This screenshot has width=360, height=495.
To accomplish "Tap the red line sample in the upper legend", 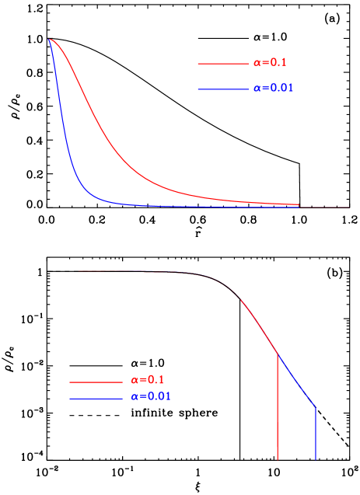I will [222, 64].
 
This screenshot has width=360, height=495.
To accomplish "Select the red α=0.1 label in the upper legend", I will [270, 63].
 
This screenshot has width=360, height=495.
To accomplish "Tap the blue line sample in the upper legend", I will [222, 89].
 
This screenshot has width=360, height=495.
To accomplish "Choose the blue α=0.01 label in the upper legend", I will [273, 89].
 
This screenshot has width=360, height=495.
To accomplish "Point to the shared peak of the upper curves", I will [50, 39].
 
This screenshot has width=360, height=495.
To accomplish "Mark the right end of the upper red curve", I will [299, 204].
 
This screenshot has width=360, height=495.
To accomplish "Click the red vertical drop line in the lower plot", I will [278, 412].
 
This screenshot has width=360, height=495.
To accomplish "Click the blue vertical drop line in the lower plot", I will [316, 435].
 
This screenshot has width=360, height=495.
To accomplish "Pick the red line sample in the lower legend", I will [96, 382].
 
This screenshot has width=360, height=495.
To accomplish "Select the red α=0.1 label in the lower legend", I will [147, 381].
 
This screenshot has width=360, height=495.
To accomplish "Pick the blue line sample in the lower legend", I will [96, 399].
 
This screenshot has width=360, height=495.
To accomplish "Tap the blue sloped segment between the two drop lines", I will [297, 382].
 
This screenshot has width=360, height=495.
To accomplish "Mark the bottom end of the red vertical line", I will [278, 459].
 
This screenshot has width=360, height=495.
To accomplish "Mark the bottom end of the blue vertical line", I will [316, 459].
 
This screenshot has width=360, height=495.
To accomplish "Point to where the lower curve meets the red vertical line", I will [278, 354].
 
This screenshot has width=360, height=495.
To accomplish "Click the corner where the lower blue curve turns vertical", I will [316, 407].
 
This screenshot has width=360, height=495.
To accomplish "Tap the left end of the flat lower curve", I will [79, 271].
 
